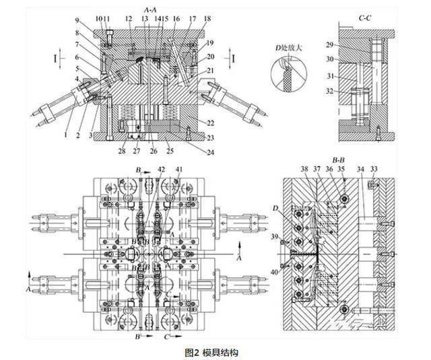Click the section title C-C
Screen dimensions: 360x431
[347, 13]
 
